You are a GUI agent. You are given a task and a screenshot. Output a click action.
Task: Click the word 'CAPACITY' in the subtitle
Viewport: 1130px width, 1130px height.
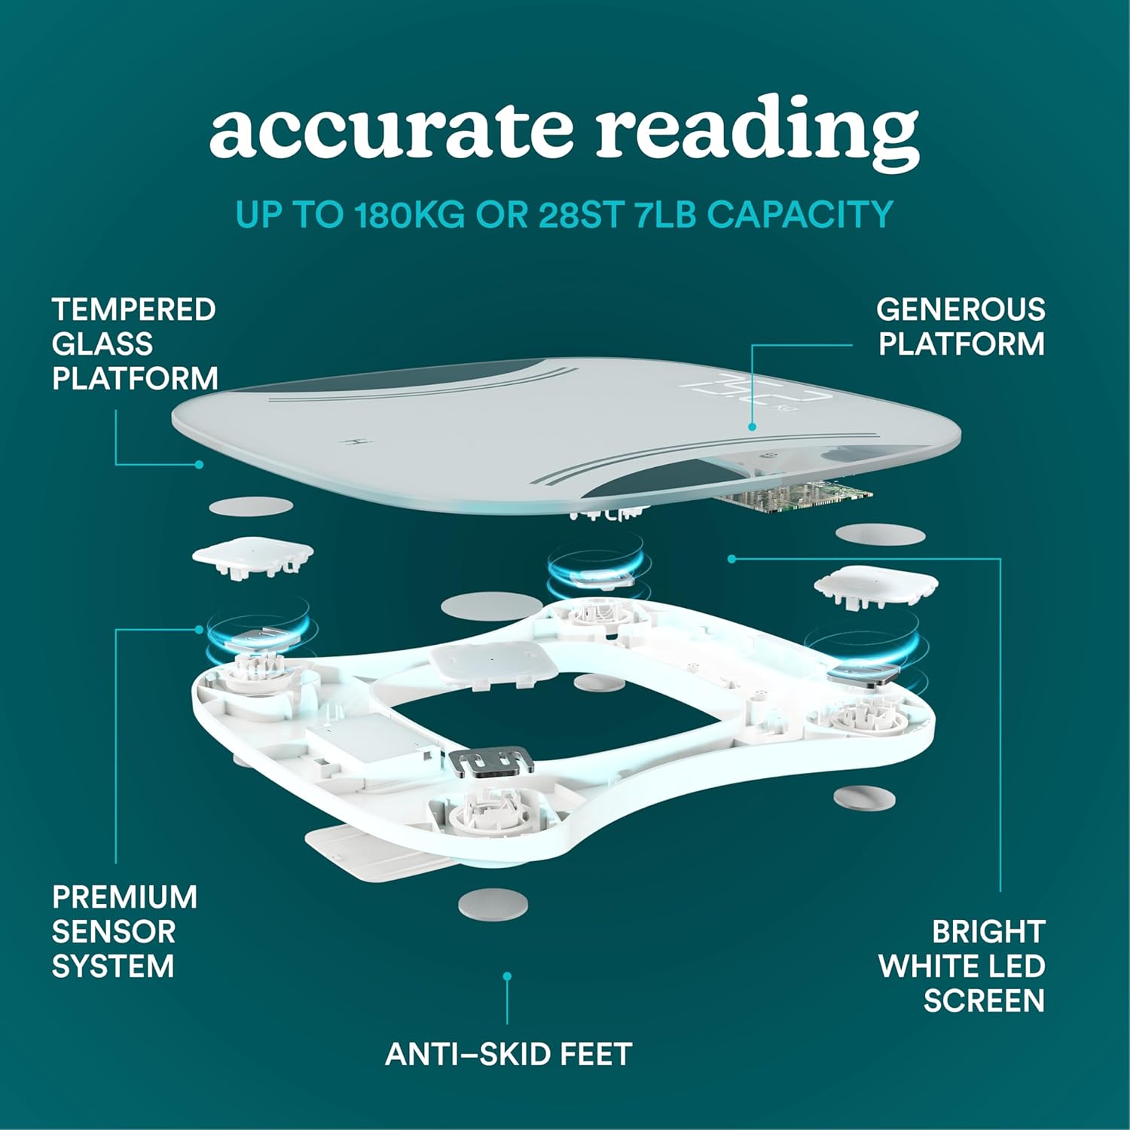tap(799, 215)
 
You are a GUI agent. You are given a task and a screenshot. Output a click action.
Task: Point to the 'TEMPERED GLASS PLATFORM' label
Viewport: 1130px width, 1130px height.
tap(134, 344)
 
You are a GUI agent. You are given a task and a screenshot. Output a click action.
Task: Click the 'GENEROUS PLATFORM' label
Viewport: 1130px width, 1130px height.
tap(960, 326)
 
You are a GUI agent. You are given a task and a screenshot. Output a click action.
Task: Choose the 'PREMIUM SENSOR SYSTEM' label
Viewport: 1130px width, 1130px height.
tap(124, 931)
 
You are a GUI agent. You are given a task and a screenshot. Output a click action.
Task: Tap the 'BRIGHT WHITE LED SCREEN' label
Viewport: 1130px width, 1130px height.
tap(962, 966)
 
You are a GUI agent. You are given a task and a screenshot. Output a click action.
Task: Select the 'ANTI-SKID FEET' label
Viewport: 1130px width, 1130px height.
tap(508, 1054)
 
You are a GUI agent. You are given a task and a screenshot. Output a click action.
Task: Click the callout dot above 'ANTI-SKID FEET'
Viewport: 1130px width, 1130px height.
tap(508, 976)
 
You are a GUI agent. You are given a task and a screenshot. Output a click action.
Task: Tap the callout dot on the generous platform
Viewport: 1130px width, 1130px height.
tap(752, 426)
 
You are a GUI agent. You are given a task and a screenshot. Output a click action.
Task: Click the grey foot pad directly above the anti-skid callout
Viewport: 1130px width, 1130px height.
tap(493, 903)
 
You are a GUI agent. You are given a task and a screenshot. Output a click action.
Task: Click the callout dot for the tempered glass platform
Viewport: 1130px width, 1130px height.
tap(199, 465)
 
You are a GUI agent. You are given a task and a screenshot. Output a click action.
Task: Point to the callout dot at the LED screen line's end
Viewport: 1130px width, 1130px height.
tap(731, 558)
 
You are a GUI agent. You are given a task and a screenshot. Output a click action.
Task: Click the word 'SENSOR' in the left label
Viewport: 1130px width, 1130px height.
tap(113, 931)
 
